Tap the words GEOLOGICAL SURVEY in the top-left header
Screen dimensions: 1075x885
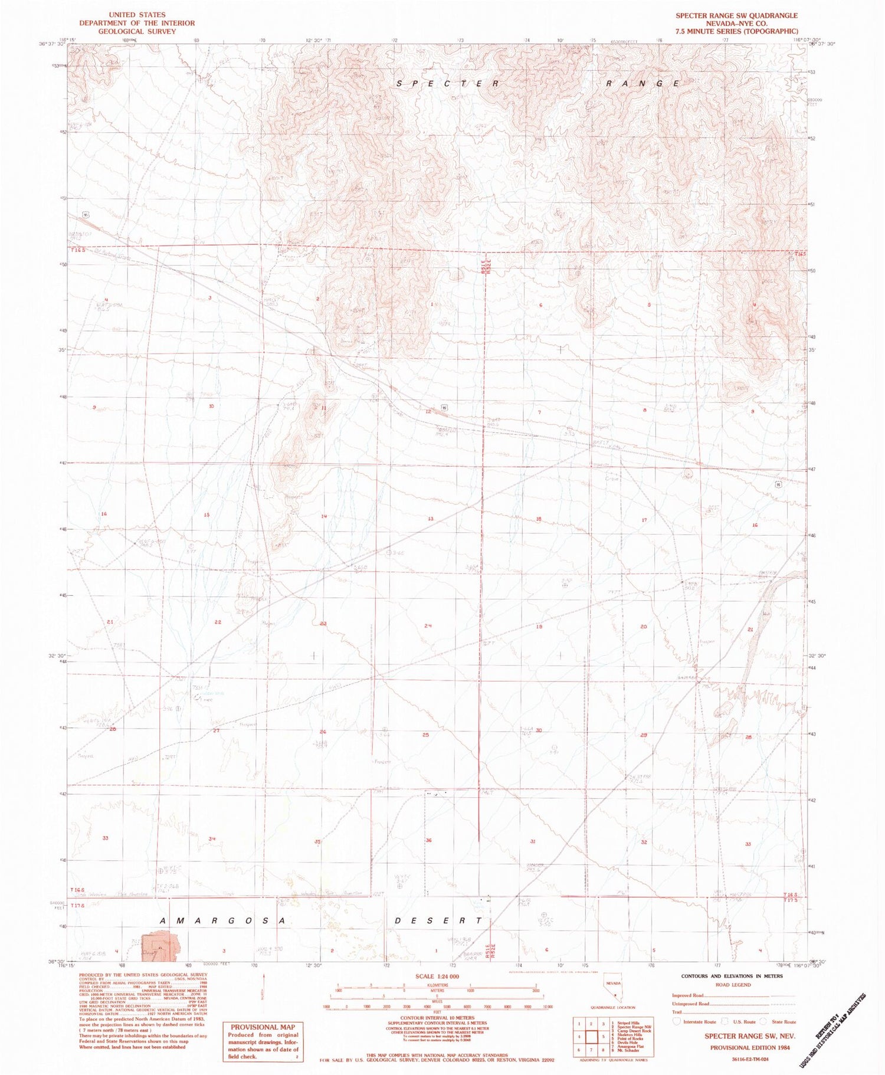(137, 31)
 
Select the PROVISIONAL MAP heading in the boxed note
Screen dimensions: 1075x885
(262, 1027)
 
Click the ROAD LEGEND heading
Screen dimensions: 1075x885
(733, 985)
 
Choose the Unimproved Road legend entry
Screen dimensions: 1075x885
(690, 1004)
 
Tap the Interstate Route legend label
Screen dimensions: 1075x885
(700, 1022)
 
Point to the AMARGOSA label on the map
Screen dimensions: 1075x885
(223, 920)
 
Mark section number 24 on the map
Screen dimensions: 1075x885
(428, 625)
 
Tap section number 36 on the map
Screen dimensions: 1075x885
(429, 840)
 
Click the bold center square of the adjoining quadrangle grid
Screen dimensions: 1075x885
(591, 1036)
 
